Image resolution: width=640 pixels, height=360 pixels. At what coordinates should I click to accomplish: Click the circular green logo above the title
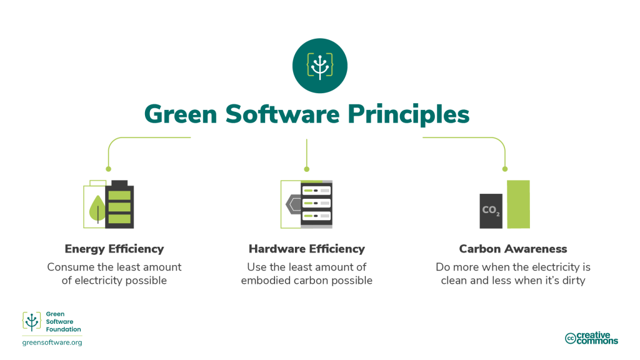coord(319,65)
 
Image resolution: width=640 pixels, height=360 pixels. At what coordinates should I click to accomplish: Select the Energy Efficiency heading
coord(114,249)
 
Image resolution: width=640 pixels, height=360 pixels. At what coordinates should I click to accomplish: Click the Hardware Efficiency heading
coord(306,249)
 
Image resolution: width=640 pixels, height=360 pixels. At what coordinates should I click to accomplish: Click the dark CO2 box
coord(491,211)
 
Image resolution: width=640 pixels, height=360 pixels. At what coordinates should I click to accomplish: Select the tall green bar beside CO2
coord(518,204)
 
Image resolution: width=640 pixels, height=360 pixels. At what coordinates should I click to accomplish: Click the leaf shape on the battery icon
coord(97,209)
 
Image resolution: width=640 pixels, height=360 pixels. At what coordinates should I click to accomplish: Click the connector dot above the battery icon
coord(108,169)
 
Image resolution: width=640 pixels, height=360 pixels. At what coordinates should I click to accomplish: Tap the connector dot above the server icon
coord(306,169)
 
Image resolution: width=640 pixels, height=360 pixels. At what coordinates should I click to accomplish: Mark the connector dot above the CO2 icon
coord(505,169)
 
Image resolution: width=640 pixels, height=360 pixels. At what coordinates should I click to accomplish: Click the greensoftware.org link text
coord(52,342)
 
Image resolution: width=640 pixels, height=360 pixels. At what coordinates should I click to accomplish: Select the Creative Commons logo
coord(591,338)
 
